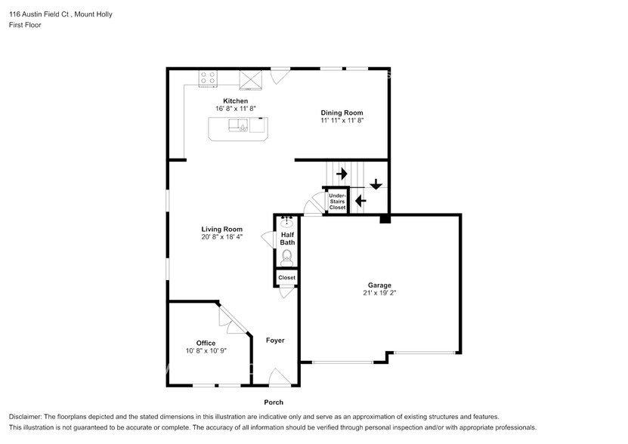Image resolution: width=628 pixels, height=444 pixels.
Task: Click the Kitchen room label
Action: [x=236, y=101]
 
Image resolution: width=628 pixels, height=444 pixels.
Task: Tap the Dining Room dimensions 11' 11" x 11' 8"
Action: [x=342, y=120]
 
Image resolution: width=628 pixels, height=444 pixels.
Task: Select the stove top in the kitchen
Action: [x=208, y=78]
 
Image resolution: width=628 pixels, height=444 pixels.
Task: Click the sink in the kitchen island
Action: [x=239, y=125]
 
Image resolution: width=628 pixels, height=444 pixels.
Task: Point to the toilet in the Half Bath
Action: [x=286, y=257]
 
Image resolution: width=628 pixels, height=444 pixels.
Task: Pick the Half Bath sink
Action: [x=286, y=220]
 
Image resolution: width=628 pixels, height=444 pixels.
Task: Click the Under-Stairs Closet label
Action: [x=337, y=202]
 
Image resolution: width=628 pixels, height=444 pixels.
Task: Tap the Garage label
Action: [x=379, y=285]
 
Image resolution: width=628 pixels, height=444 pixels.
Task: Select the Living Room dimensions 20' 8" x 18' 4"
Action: [x=222, y=236]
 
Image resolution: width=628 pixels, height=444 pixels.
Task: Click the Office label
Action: [x=206, y=343]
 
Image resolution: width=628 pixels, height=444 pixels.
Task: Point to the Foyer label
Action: [x=275, y=341]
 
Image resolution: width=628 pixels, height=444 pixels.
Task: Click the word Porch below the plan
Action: [x=274, y=402]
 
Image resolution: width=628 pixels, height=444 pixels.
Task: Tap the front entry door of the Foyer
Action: [x=280, y=378]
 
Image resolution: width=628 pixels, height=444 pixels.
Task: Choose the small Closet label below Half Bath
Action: [x=286, y=277]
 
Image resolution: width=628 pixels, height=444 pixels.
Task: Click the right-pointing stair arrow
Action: [x=342, y=174]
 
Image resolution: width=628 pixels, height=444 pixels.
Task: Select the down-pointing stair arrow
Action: [x=376, y=184]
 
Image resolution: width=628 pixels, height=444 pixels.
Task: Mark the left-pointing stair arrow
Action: [x=361, y=200]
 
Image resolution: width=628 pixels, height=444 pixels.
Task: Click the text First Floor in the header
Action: [x=25, y=25]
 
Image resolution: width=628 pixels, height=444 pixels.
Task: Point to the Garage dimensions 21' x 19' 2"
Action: [x=379, y=293]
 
